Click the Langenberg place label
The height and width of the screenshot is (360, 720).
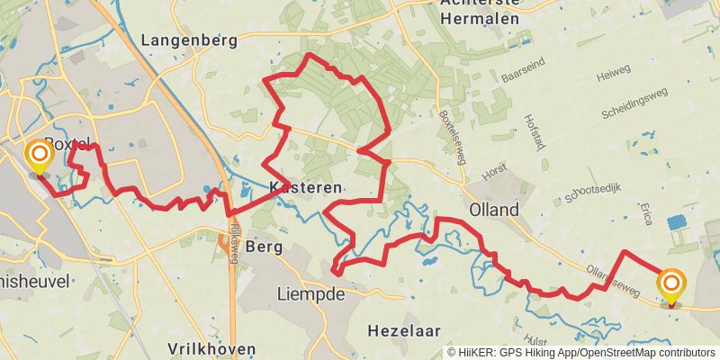coord(189,40)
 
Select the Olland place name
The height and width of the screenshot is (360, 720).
coord(494,210)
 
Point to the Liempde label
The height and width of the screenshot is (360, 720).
coord(311,294)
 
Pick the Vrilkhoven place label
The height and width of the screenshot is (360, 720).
coord(211,348)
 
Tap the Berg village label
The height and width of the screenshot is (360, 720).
coord(264,247)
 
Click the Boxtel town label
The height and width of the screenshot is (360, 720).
coord(68,144)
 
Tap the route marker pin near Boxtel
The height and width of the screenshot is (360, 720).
coord(40,157)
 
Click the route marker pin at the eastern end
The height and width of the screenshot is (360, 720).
coord(670,284)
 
